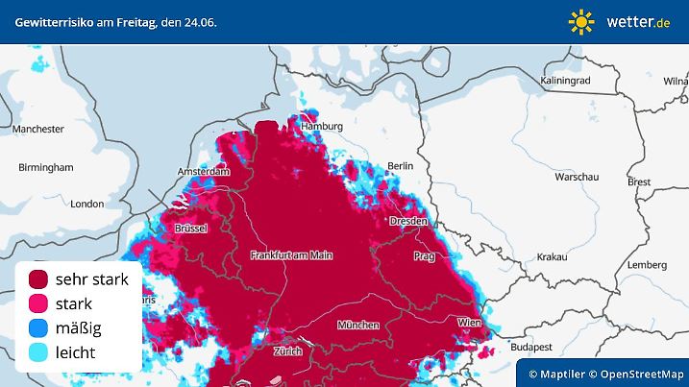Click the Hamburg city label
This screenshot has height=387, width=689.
point(322,127)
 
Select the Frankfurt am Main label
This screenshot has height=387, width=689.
point(290,255)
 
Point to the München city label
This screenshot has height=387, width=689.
point(357,326)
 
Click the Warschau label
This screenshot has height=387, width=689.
point(577,178)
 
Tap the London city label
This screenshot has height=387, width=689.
point(86,204)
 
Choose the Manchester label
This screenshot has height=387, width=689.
point(38,129)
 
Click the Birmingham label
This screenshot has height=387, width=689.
point(45,167)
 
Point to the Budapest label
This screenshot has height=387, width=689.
point(529,346)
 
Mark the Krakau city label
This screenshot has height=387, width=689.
point(552,257)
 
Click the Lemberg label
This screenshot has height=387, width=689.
point(646,264)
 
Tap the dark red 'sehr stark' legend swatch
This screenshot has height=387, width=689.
point(39,279)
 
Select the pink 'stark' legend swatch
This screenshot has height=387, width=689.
point(39,304)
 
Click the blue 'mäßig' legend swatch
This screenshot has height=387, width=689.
point(39,328)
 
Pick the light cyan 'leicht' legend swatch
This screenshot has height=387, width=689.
point(39,353)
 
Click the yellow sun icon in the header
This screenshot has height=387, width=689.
point(581,21)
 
